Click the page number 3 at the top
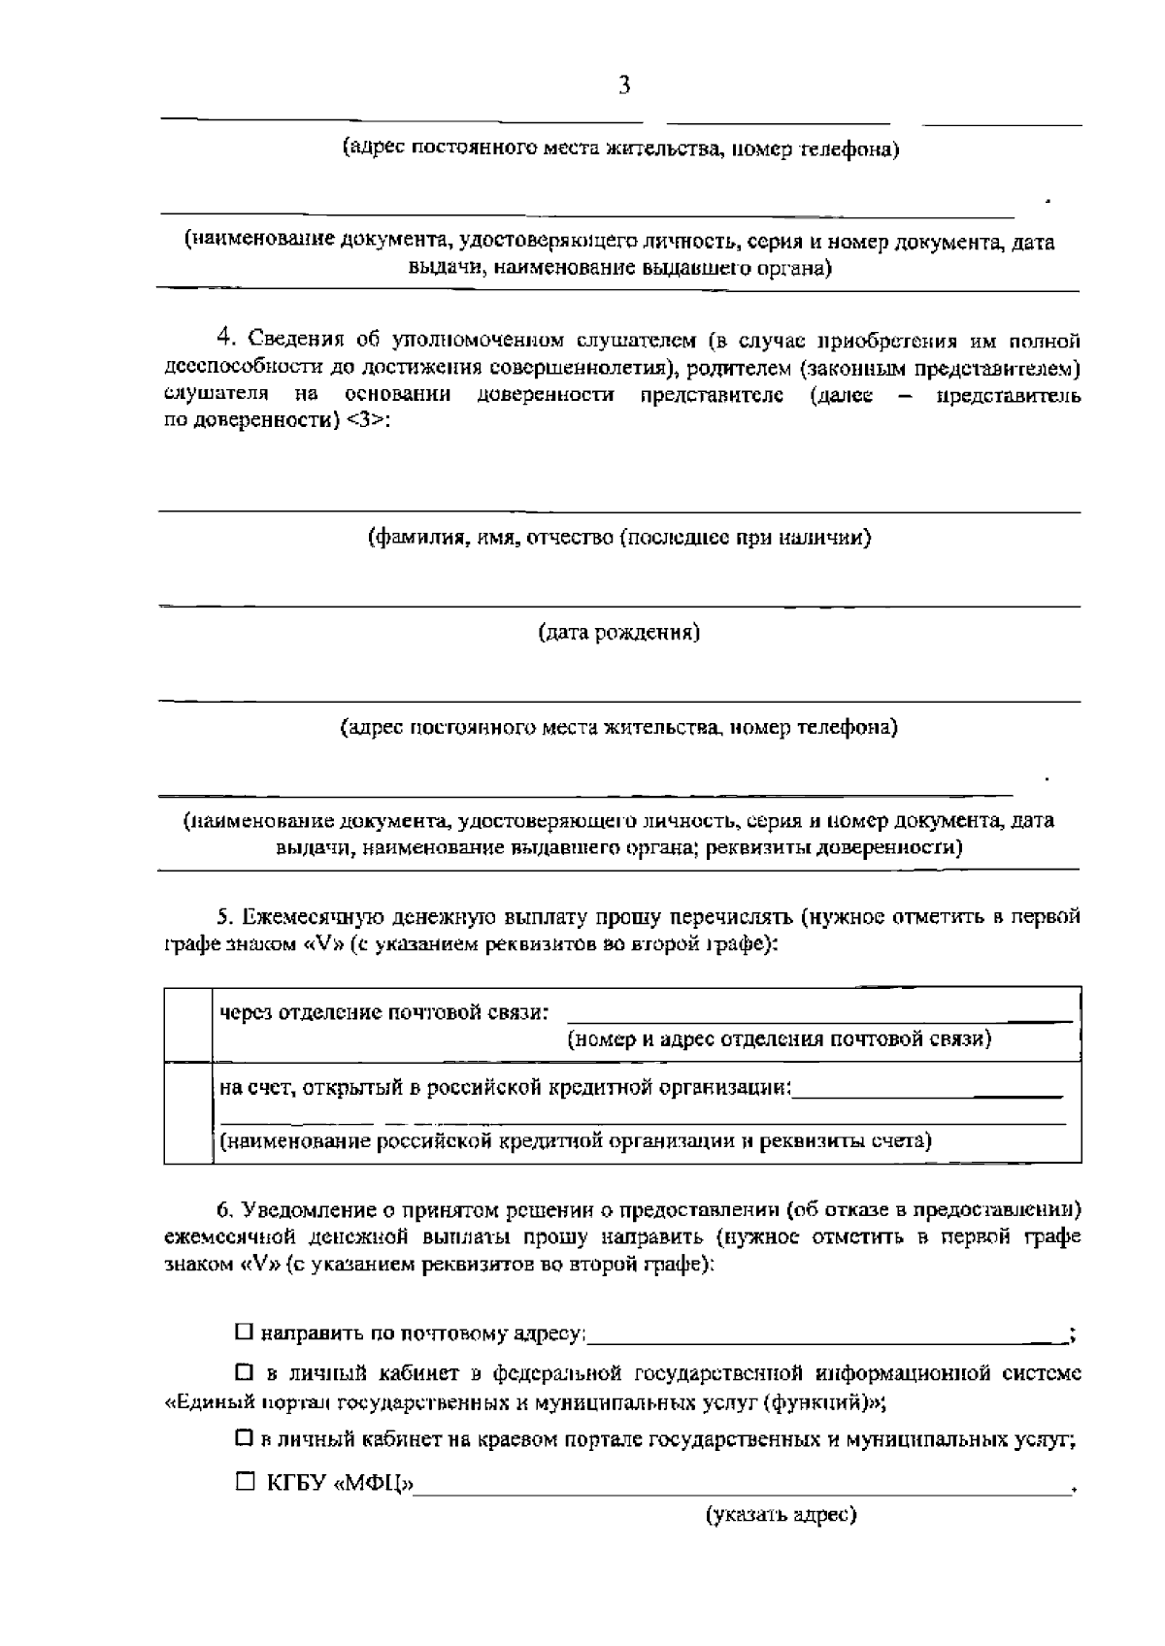(x=624, y=85)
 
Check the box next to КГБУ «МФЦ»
(x=245, y=1482)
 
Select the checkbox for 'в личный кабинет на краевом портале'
(x=244, y=1439)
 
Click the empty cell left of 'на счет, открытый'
(x=187, y=1112)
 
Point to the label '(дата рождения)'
(x=619, y=634)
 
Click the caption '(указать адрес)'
(x=781, y=1515)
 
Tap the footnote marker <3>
(x=368, y=423)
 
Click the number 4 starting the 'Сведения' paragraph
(x=226, y=339)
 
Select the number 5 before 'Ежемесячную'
(x=222, y=917)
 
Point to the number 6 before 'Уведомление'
(x=223, y=1210)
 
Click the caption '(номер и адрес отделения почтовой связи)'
(x=780, y=1039)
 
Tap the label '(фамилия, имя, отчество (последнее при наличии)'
(x=619, y=538)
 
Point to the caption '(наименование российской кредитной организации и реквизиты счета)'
(x=576, y=1140)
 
